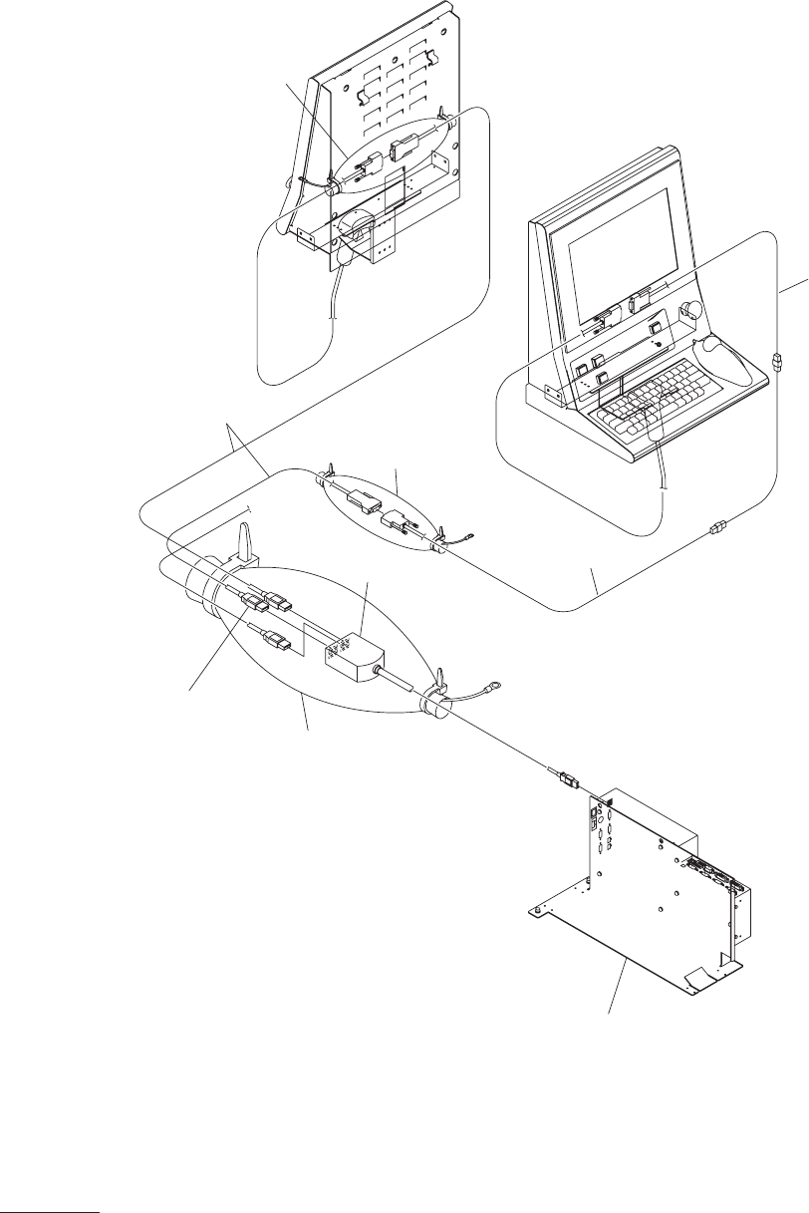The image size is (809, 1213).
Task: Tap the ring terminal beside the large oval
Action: coord(491,685)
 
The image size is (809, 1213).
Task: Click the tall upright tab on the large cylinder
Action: coord(243,538)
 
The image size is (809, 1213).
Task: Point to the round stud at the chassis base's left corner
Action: coord(536,909)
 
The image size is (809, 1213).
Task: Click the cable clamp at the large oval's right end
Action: coord(434,697)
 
